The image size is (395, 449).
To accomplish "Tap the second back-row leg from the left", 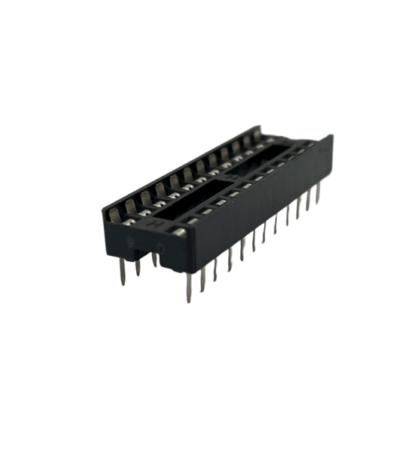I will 138,265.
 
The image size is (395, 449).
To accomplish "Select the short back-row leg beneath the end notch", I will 154,259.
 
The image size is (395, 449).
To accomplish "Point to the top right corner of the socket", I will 331,138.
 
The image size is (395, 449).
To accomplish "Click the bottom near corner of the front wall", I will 184,272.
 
